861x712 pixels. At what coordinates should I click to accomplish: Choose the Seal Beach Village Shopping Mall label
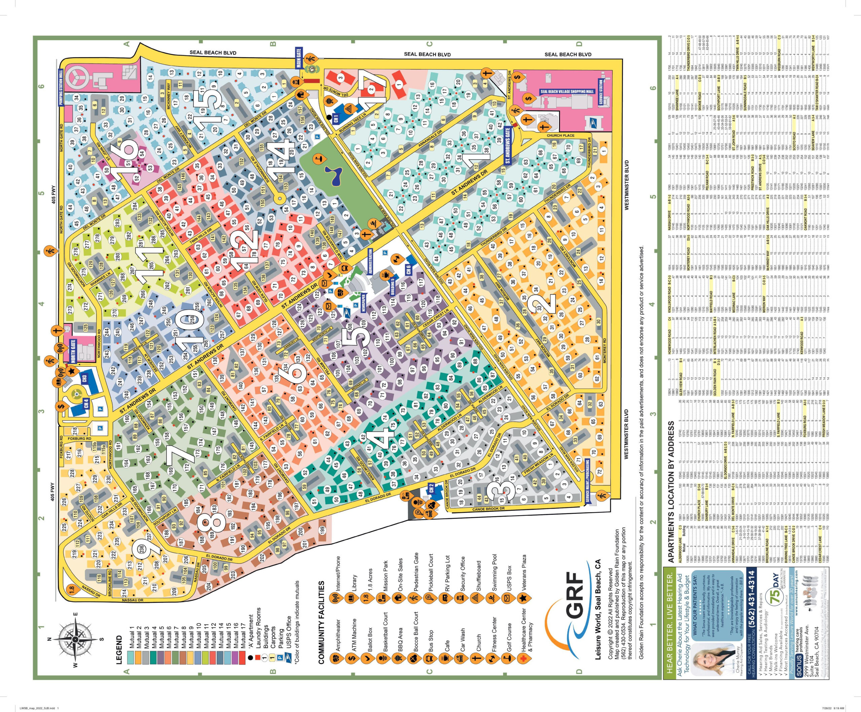(567, 92)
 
